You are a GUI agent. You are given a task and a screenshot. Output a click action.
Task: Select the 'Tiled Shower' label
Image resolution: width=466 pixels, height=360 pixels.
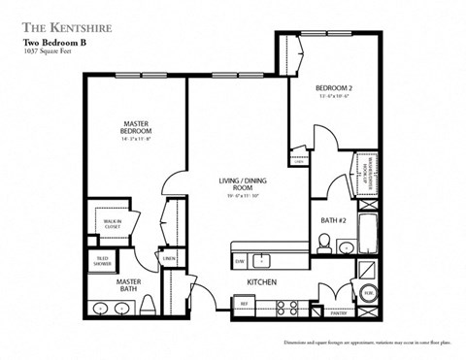coord(102,260)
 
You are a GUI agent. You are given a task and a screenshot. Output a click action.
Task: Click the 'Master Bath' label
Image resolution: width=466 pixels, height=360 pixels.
coord(128,284)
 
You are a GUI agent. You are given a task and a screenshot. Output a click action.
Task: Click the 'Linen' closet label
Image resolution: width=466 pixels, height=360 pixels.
coord(168,259)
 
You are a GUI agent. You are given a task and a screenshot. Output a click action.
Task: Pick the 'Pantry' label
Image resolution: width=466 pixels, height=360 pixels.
coord(339,312)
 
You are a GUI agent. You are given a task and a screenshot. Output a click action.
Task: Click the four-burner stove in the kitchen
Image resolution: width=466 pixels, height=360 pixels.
coord(287,307)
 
